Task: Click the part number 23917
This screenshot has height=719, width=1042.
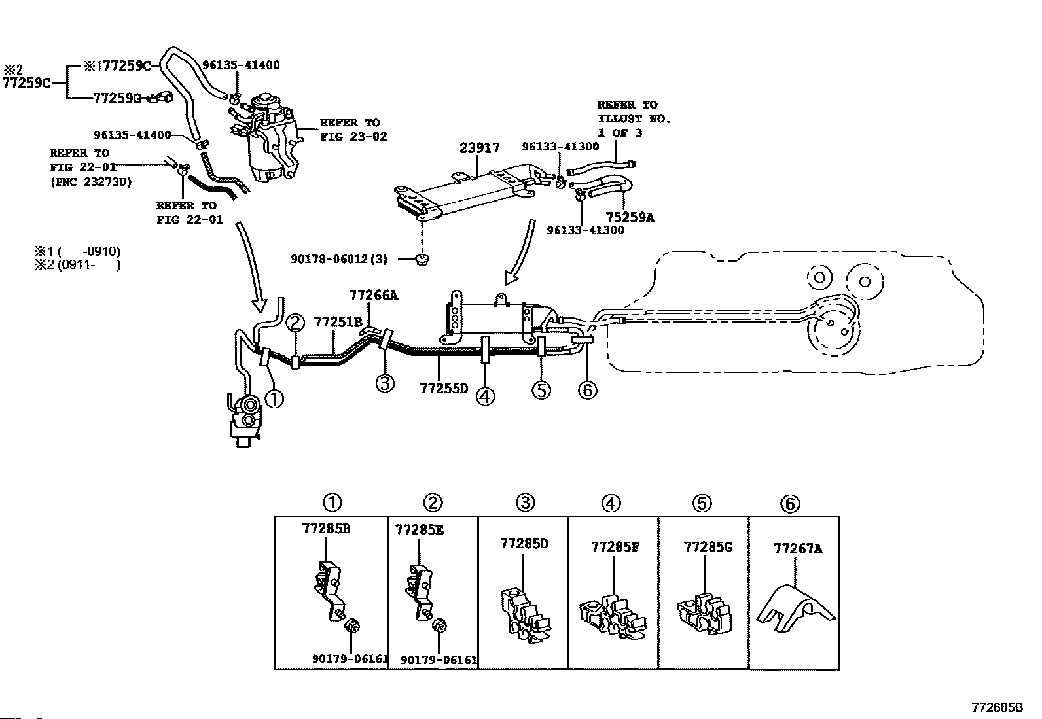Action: coord(480,148)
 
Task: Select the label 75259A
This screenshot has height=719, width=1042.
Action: coord(630,217)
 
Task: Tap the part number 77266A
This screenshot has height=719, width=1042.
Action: coord(374,295)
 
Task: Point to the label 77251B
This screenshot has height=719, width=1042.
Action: coord(338,322)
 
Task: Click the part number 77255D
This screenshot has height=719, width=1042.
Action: coord(444,388)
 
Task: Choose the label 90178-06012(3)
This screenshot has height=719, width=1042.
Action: coord(339,259)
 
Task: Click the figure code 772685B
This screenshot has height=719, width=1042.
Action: coord(997,707)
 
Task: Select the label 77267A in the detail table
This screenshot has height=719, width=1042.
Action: coord(798,549)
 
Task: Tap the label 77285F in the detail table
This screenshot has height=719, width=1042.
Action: coord(615,547)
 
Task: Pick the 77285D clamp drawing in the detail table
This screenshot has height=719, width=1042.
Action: coord(526,615)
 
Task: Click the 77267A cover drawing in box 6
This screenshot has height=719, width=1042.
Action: coord(796,608)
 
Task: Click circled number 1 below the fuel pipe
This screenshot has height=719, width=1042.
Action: coord(274,399)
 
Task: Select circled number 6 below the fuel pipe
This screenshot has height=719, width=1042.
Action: coord(588,390)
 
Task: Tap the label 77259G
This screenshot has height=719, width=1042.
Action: coord(117,98)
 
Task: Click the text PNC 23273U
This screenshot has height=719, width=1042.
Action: coord(91,182)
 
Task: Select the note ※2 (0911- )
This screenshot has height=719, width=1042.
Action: coord(78,265)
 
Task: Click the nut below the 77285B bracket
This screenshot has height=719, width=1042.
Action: coord(352,625)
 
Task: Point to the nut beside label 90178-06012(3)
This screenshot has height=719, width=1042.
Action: coord(422,260)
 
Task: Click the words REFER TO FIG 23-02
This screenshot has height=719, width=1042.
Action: coord(353,130)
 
